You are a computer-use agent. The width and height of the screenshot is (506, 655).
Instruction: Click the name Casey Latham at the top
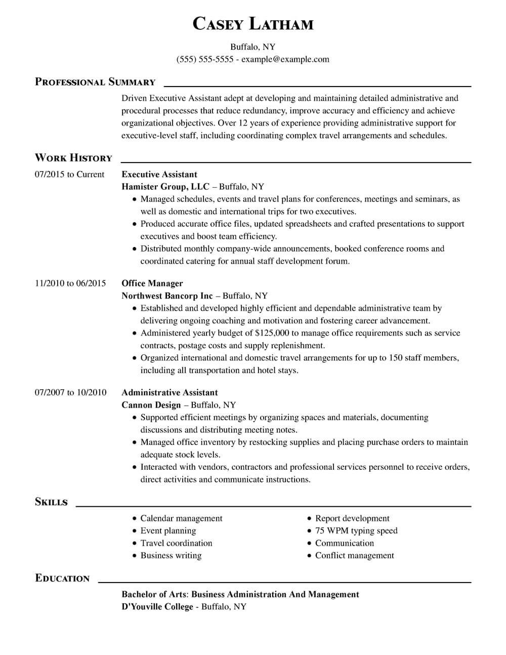click(x=253, y=24)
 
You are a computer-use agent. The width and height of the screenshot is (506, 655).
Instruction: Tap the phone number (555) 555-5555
click(x=204, y=59)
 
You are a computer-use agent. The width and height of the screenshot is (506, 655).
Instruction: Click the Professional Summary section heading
click(x=95, y=82)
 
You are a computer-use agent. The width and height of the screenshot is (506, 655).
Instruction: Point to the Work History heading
click(x=73, y=158)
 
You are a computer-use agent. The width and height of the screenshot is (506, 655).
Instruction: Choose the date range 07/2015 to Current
click(x=69, y=175)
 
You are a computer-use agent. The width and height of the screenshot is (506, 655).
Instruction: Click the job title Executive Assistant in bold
click(x=159, y=175)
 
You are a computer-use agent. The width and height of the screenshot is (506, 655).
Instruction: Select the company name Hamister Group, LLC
click(x=165, y=187)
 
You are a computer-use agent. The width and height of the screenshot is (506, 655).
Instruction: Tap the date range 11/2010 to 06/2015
click(x=70, y=283)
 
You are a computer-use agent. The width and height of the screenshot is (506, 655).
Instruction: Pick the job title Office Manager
click(x=152, y=283)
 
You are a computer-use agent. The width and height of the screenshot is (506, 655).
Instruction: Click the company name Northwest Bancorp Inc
click(x=167, y=296)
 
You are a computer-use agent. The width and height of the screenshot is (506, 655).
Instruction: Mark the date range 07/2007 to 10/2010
click(x=70, y=393)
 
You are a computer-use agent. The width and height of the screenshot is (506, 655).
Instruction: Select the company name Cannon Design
click(x=151, y=405)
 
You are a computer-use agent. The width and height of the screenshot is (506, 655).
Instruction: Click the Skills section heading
click(x=51, y=502)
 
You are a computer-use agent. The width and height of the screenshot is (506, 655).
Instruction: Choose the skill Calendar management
click(x=181, y=518)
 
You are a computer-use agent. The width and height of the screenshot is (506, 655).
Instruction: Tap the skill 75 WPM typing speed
click(x=356, y=530)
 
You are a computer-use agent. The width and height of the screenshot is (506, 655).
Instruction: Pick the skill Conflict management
click(x=354, y=555)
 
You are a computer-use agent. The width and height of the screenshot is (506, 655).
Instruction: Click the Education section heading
click(x=62, y=579)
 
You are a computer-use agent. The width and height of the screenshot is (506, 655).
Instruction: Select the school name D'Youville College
click(x=157, y=606)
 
